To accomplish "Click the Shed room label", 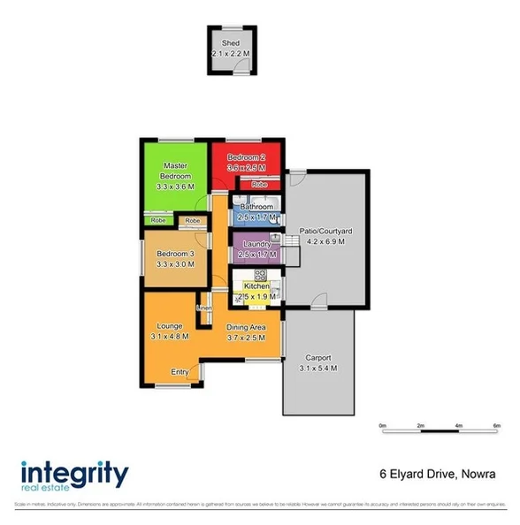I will click(231, 43).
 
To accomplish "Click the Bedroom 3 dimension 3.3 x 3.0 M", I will click(175, 263).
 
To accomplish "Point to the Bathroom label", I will click(256, 207).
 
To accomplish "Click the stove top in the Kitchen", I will click(261, 274).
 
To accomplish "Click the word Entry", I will click(180, 372).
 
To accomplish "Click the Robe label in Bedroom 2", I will click(258, 185).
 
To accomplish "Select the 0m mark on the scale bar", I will click(383, 425).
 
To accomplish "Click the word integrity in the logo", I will click(74, 471).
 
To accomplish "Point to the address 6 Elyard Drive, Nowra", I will click(436, 475).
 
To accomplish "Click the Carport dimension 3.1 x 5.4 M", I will click(317, 368).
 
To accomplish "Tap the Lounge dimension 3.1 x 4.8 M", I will click(169, 337).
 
